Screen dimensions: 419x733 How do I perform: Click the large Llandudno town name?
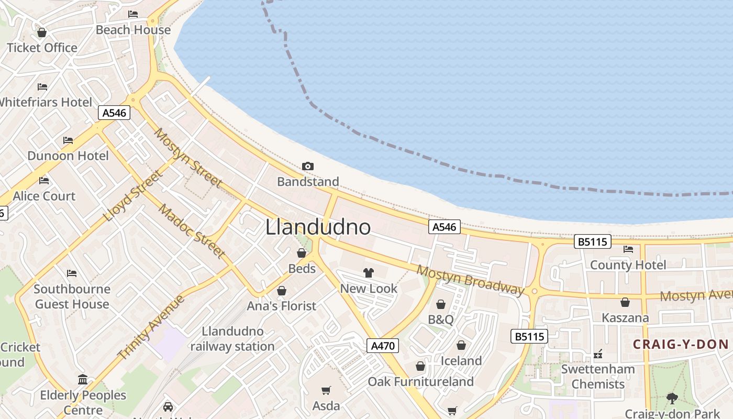(x=318, y=227)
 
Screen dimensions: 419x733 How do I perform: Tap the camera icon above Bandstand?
(x=308, y=166)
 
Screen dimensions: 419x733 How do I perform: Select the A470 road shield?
(x=383, y=346)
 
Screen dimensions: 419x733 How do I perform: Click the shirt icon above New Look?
(x=369, y=273)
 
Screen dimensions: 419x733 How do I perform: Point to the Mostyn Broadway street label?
(x=470, y=280)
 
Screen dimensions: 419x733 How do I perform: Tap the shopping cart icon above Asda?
(x=326, y=390)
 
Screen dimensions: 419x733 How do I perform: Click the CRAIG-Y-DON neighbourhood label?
(x=680, y=344)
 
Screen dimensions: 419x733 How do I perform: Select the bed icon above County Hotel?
(x=628, y=249)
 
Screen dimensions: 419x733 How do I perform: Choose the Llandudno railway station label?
(x=232, y=339)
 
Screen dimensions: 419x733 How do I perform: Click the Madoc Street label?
(x=192, y=230)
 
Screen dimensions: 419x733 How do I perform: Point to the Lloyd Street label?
(x=132, y=195)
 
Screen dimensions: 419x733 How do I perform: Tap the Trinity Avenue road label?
(x=151, y=327)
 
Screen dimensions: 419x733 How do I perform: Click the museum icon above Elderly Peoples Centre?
(x=83, y=379)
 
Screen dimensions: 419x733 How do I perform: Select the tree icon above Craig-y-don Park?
(x=672, y=399)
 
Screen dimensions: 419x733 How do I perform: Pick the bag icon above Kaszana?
(x=625, y=302)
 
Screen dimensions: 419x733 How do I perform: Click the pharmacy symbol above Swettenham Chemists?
(x=598, y=355)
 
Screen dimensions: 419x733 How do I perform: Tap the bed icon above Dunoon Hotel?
(x=68, y=140)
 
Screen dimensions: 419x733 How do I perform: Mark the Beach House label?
(x=133, y=30)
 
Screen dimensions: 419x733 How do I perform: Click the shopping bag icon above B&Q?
(x=441, y=304)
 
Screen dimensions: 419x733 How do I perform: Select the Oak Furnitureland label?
(x=420, y=381)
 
